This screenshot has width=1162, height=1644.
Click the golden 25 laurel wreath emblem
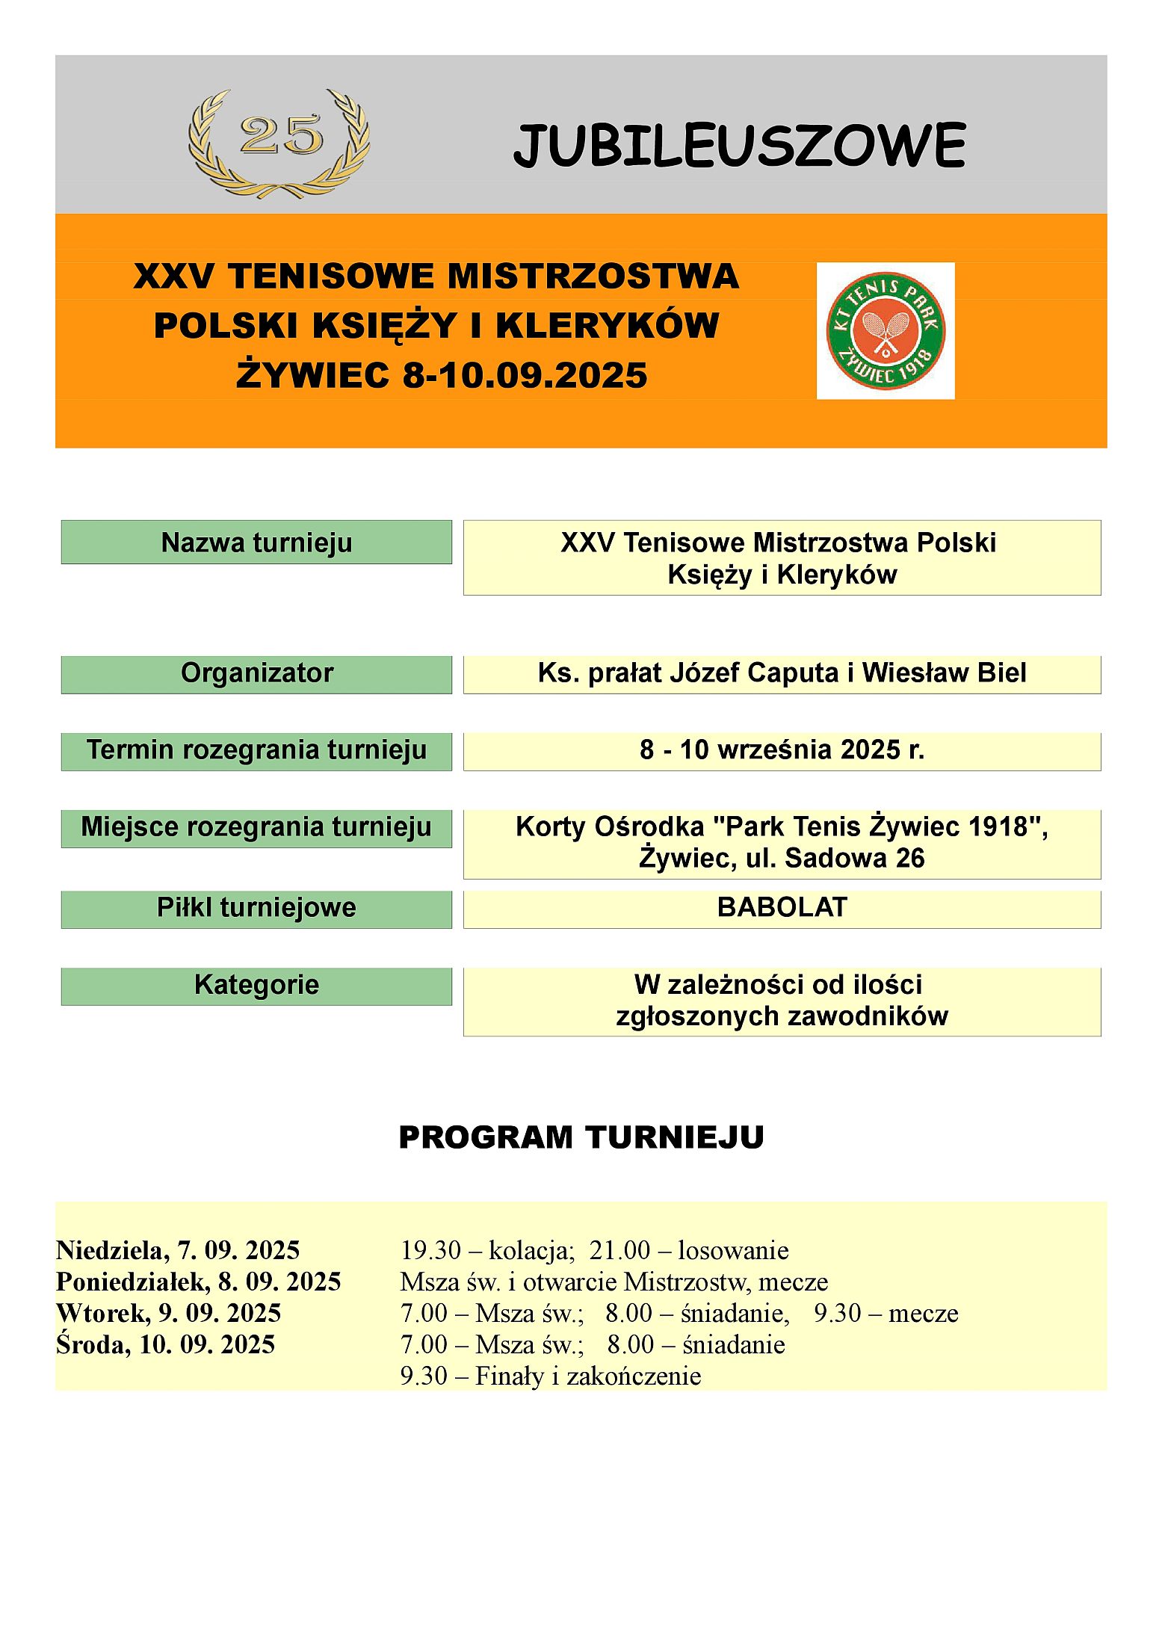point(279,142)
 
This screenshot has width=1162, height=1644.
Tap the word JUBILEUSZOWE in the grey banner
point(739,146)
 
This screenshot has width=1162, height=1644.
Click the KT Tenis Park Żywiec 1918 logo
point(885,330)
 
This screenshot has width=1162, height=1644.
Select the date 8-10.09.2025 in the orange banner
point(525,375)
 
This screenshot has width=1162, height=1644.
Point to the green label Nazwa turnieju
point(256,542)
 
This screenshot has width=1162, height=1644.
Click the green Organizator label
point(256,673)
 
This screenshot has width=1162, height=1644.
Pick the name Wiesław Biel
point(944,673)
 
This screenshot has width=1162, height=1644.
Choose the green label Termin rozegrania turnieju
point(256,750)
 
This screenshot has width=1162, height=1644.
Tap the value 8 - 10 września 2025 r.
point(782,750)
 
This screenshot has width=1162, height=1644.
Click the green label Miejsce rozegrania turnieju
point(256,827)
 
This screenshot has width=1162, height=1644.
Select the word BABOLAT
point(782,908)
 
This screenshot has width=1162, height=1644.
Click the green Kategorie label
point(256,985)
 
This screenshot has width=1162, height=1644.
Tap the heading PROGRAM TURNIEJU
point(581,1138)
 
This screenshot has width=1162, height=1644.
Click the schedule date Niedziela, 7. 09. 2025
point(178,1250)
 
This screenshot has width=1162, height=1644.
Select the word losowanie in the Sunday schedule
point(733,1250)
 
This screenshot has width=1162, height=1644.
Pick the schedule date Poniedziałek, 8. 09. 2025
point(198,1282)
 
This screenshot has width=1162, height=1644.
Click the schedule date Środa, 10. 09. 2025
point(165,1344)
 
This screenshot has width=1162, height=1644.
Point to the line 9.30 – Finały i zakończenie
point(551,1376)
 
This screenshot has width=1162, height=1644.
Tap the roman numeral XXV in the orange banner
point(173,276)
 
